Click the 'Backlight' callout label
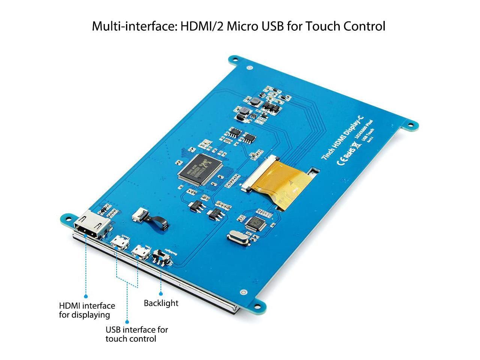pos(161,303)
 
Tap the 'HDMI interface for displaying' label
pos(87,310)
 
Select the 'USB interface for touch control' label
pos(136,334)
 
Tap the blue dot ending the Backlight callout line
pos(161,294)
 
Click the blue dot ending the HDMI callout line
pos(85,296)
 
